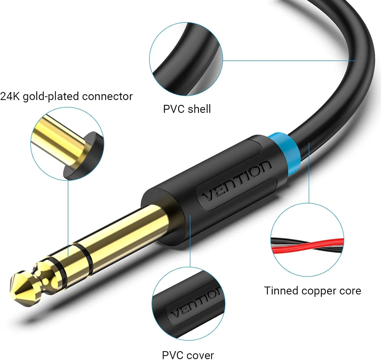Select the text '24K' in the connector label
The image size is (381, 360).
click(10, 96)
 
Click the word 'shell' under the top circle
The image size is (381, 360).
click(199, 109)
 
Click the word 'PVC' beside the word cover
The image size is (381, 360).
click(173, 355)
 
